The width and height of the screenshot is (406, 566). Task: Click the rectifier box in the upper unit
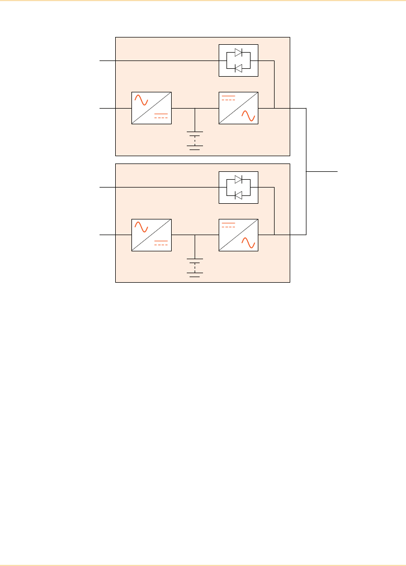pyautogui.click(x=151, y=107)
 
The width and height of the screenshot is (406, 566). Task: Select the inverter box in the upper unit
pyautogui.click(x=239, y=107)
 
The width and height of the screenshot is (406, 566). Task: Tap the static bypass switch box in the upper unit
pyautogui.click(x=238, y=60)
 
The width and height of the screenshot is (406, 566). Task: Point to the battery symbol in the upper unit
pyautogui.click(x=195, y=141)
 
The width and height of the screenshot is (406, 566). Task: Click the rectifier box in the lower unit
pyautogui.click(x=151, y=235)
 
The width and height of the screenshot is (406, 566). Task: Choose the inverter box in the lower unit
pyautogui.click(x=239, y=235)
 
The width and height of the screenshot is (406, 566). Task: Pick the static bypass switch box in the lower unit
pyautogui.click(x=238, y=187)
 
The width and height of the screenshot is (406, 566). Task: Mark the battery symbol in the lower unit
pyautogui.click(x=195, y=268)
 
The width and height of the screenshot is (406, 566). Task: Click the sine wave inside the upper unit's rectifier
pyautogui.click(x=140, y=100)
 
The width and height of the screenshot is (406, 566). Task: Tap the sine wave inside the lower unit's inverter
pyautogui.click(x=248, y=243)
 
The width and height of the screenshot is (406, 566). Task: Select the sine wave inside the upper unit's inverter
pyautogui.click(x=248, y=116)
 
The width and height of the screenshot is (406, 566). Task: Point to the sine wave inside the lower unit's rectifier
pyautogui.click(x=140, y=227)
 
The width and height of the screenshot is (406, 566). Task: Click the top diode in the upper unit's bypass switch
pyautogui.click(x=238, y=53)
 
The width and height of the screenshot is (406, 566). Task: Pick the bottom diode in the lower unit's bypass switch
pyautogui.click(x=238, y=195)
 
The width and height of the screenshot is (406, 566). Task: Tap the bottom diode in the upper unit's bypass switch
pyautogui.click(x=238, y=68)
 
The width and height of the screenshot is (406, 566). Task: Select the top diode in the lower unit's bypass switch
pyautogui.click(x=238, y=180)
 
